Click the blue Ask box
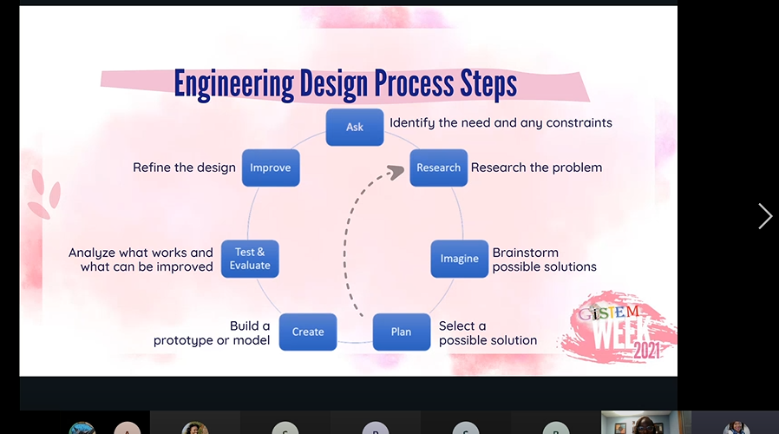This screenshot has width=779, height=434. click(x=354, y=127)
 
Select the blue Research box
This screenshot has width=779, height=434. click(x=438, y=168)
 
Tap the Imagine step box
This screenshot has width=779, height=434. click(x=459, y=259)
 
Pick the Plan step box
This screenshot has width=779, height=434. click(x=401, y=332)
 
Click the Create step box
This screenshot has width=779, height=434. click(x=308, y=332)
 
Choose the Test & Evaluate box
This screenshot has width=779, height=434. click(x=250, y=259)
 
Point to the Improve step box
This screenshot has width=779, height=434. click(x=270, y=168)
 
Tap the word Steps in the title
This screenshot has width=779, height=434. click(x=486, y=84)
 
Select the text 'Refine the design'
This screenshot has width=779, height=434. click(x=184, y=168)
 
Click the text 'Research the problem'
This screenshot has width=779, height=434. click(x=536, y=168)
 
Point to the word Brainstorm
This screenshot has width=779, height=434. click(x=526, y=253)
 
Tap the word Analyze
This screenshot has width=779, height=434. click(x=92, y=253)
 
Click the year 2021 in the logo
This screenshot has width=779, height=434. click(x=645, y=351)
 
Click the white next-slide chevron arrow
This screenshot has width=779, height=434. click(x=764, y=216)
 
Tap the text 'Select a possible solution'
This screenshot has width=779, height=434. click(x=488, y=333)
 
